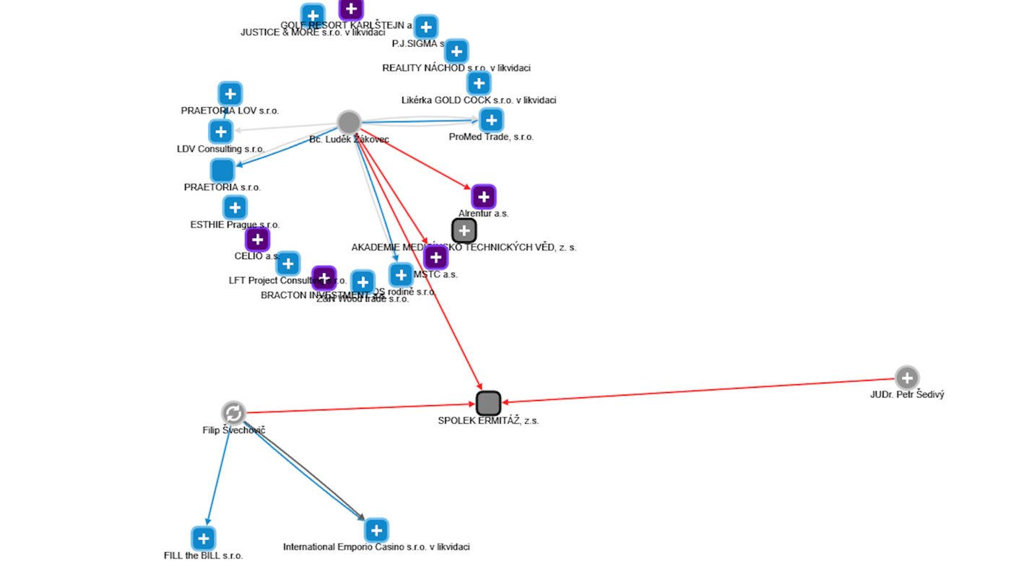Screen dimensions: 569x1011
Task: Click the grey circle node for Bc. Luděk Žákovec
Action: [x=349, y=122]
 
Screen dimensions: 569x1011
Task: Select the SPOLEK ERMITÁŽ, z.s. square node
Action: [x=489, y=403]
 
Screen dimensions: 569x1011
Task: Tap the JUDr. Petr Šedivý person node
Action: [x=907, y=378]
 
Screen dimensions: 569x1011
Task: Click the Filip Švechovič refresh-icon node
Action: [x=233, y=413]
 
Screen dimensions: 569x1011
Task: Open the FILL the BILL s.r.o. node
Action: [x=204, y=538]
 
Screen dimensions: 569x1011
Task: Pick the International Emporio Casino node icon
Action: [x=376, y=530]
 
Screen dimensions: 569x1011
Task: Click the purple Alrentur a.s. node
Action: [x=484, y=196]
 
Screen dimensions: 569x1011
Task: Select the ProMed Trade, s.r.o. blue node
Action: [x=492, y=120]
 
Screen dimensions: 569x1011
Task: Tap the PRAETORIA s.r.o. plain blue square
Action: [x=222, y=170]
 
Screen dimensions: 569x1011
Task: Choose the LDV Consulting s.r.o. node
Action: [x=221, y=131]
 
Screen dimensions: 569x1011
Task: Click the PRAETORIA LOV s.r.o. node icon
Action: [x=230, y=93]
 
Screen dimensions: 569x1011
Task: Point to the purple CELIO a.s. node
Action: [x=258, y=239]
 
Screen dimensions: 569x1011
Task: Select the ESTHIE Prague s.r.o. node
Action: [x=235, y=207]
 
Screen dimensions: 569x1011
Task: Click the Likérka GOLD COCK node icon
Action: [x=479, y=83]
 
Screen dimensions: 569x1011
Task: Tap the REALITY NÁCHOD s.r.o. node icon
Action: [x=456, y=51]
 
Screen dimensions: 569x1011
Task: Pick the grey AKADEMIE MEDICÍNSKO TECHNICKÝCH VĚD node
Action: [x=464, y=230]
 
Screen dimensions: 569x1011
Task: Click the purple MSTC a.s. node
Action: [x=435, y=257]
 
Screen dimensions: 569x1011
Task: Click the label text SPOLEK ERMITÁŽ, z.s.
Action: [x=488, y=420]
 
